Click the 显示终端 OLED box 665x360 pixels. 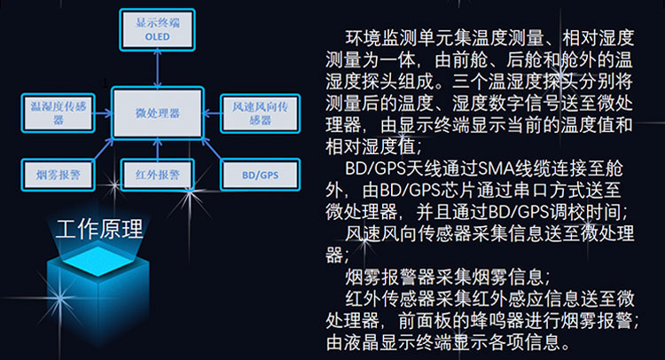pos(157,30)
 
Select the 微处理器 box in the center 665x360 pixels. pos(157,113)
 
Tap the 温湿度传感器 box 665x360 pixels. pos(59,113)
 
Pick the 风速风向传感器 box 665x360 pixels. pos(260,113)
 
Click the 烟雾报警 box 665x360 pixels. pos(59,175)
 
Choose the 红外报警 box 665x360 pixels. pos(157,175)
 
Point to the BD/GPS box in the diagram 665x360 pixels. pos(260,175)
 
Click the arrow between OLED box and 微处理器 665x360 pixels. pos(157,69)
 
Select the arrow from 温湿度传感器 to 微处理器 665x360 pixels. pos(103,113)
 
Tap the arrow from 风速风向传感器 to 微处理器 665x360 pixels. pos(212,113)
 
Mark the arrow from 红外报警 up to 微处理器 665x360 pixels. pos(157,149)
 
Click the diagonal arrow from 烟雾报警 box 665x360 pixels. pos(104,149)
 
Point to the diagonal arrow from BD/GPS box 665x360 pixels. pos(212,149)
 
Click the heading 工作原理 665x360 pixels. pos(99,229)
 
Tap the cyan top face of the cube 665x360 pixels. pos(98,261)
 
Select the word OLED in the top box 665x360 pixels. pos(157,37)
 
